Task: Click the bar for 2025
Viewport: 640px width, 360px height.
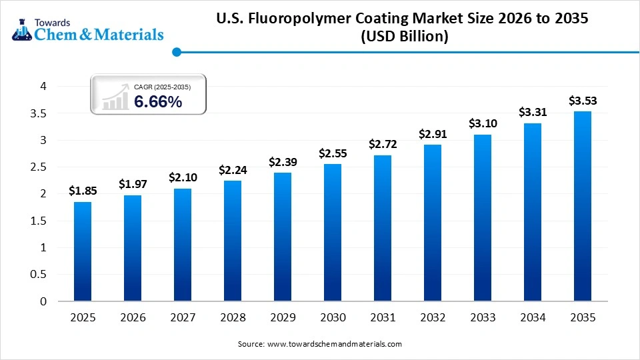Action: pyautogui.click(x=83, y=251)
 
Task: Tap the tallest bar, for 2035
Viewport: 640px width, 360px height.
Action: pyautogui.click(x=583, y=206)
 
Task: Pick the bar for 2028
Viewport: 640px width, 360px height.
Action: pyautogui.click(x=233, y=241)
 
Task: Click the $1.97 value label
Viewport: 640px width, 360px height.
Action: pyautogui.click(x=133, y=183)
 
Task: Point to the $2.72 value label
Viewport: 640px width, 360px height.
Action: pyautogui.click(x=383, y=143)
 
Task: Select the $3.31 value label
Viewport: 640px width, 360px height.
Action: pyautogui.click(x=533, y=112)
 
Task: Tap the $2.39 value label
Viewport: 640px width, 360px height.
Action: pyautogui.click(x=283, y=161)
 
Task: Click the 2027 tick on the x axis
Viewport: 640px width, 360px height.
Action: pyautogui.click(x=183, y=318)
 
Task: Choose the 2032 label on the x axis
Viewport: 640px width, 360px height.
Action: pyautogui.click(x=433, y=318)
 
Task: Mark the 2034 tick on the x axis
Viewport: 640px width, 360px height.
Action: pyautogui.click(x=533, y=318)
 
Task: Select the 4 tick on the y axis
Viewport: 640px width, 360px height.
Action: pyautogui.click(x=43, y=87)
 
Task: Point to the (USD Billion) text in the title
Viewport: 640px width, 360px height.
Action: pyautogui.click(x=405, y=37)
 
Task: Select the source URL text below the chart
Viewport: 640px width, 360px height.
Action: pyautogui.click(x=319, y=344)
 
